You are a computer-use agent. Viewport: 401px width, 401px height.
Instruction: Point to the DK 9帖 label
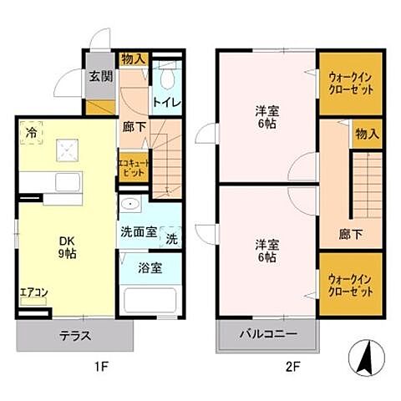click(67, 248)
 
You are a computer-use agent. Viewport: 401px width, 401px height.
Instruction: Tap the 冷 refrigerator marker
click(30, 131)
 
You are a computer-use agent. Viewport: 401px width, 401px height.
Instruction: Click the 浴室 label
click(139, 269)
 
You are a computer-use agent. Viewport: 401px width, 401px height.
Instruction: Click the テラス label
click(74, 337)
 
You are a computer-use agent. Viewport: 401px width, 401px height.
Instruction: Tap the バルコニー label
click(268, 338)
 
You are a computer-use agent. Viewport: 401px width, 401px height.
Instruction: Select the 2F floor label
click(292, 366)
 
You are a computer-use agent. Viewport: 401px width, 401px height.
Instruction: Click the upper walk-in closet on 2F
click(351, 84)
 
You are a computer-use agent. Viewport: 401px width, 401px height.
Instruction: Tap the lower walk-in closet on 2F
click(351, 284)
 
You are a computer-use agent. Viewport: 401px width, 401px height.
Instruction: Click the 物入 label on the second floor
click(367, 134)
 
